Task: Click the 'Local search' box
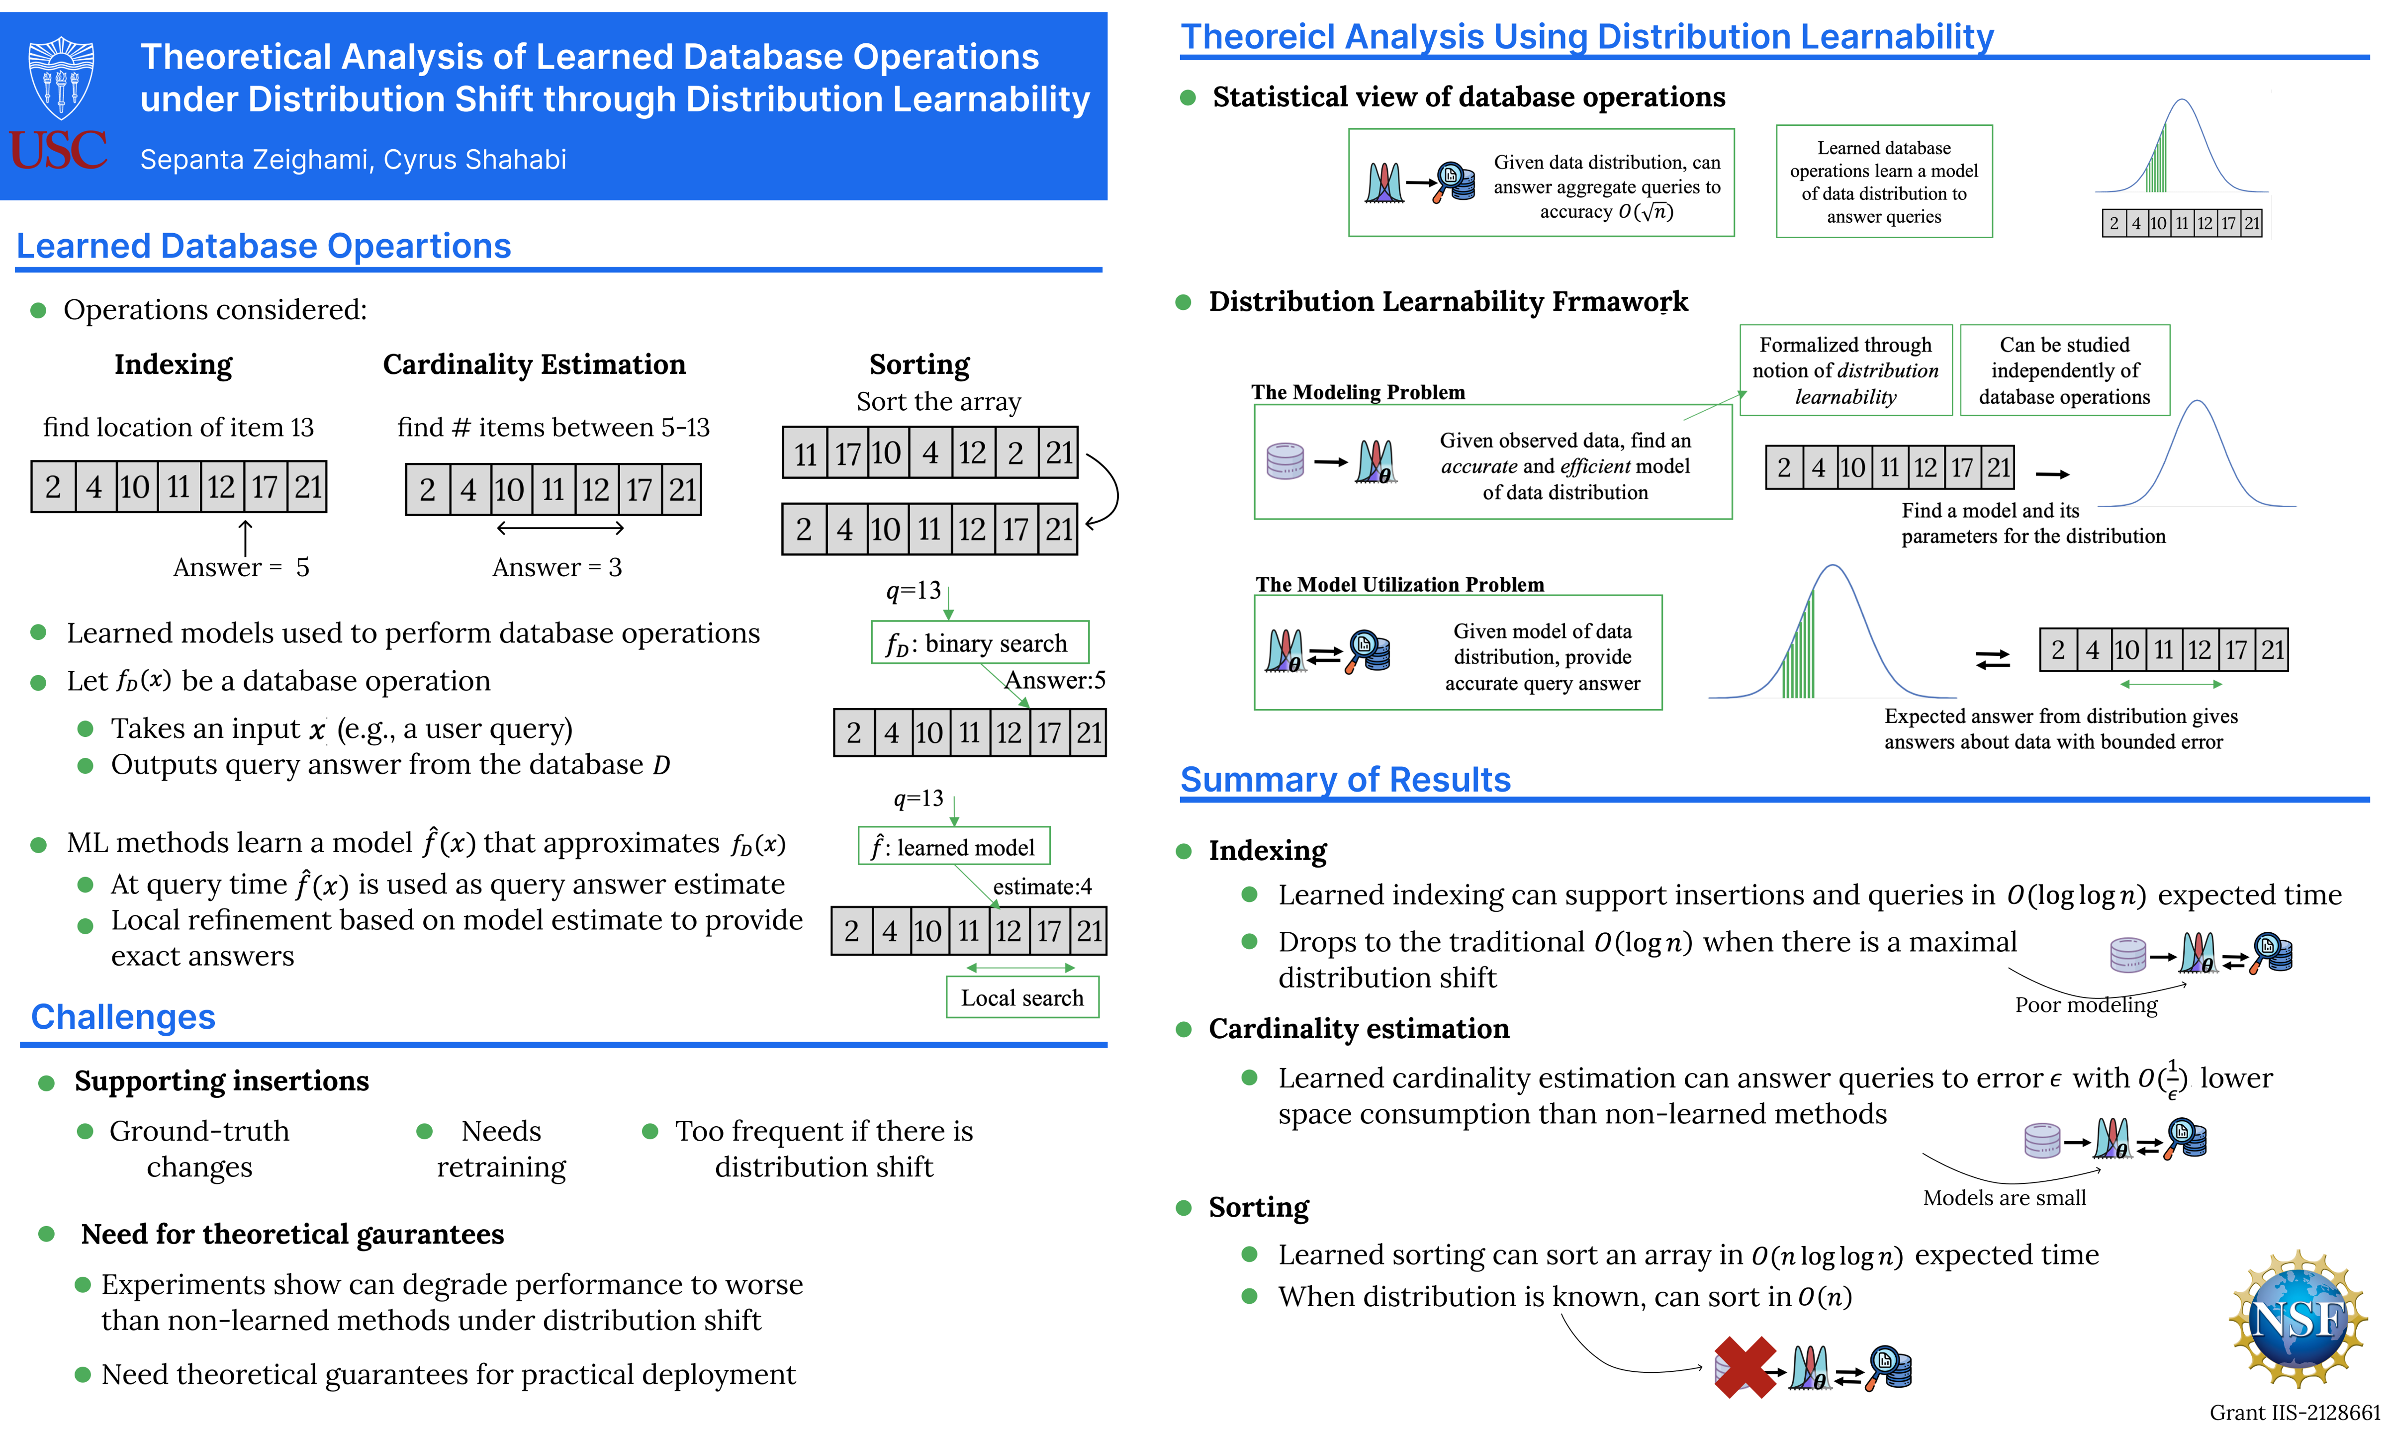click(x=1022, y=998)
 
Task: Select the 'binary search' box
click(x=979, y=643)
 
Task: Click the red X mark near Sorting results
click(x=1744, y=1366)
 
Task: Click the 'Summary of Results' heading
click(x=1345, y=780)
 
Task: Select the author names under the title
click(x=353, y=159)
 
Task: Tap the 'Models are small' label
click(x=2004, y=1197)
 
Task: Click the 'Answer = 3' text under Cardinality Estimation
click(x=556, y=567)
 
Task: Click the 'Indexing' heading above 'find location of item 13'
click(x=174, y=365)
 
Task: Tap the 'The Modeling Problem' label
click(x=1358, y=392)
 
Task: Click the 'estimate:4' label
click(x=1042, y=887)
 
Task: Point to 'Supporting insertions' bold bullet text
click(x=222, y=1081)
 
